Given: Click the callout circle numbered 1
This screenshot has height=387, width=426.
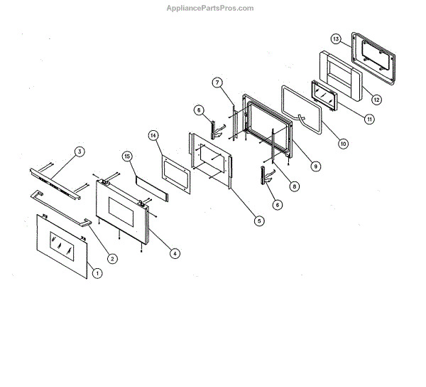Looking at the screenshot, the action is tap(98, 272).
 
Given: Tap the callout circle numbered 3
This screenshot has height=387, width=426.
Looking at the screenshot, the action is tap(80, 152).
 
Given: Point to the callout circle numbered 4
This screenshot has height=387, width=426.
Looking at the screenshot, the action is tap(175, 252).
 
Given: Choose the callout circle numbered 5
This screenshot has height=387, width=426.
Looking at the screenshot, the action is tap(259, 221).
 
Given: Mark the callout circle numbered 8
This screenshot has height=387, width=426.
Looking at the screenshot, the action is tap(294, 186).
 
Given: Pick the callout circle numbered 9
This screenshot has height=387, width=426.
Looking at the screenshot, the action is tap(316, 166).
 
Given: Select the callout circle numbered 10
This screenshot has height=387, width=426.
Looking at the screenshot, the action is tap(343, 143).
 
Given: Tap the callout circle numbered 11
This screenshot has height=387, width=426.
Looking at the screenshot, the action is tap(369, 120).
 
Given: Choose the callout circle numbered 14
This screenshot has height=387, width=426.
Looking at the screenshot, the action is tap(153, 134).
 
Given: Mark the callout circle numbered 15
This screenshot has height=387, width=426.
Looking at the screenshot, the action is tap(127, 156).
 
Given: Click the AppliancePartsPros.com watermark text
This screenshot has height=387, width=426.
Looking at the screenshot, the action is tap(213, 9).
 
